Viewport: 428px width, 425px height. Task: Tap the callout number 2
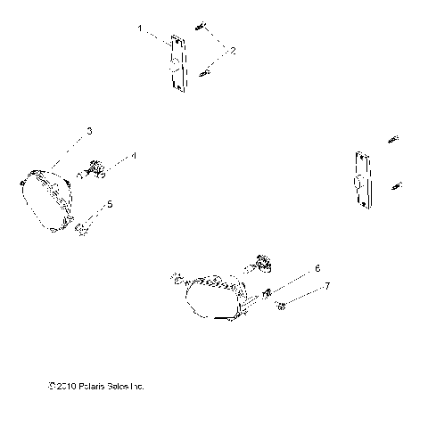pyautogui.click(x=234, y=52)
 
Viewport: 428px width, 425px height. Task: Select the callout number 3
pyautogui.click(x=89, y=132)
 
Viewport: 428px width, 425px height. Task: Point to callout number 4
pyautogui.click(x=134, y=155)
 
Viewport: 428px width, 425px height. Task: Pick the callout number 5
pyautogui.click(x=135, y=204)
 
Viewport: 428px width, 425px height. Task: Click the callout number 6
pyautogui.click(x=316, y=267)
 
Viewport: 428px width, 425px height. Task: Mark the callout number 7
pyautogui.click(x=327, y=286)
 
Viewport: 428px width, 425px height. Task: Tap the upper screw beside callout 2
pyautogui.click(x=206, y=35)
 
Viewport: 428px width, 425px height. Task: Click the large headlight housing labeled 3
pyautogui.click(x=52, y=198)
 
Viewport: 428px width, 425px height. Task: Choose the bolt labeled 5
pyautogui.click(x=84, y=231)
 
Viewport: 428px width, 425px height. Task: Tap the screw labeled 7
pyautogui.click(x=281, y=307)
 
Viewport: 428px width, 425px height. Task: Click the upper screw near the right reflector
pyautogui.click(x=393, y=138)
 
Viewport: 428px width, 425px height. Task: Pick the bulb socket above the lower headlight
pyautogui.click(x=261, y=262)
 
